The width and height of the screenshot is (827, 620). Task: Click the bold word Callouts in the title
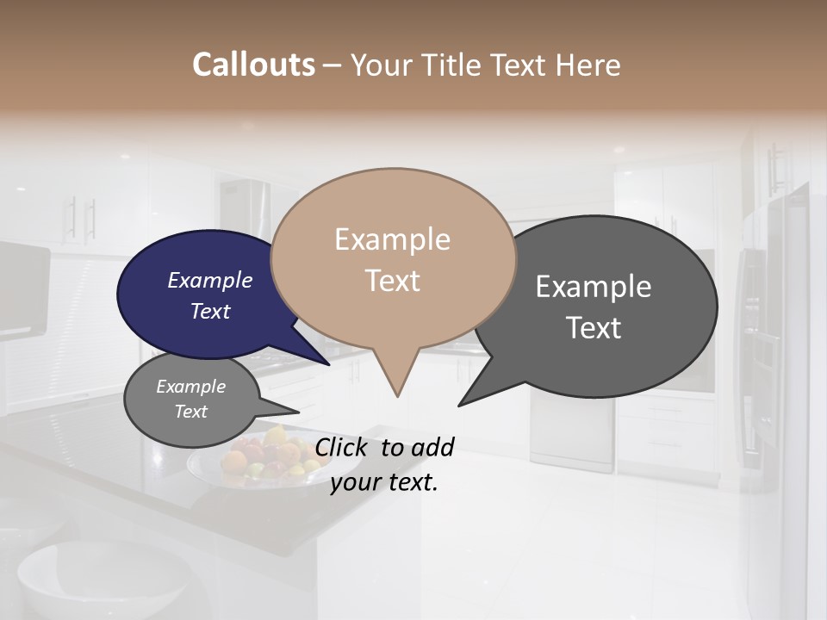pos(253,65)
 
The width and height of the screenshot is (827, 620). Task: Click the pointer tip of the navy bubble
pos(329,365)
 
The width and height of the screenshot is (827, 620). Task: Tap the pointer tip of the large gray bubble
pos(459,405)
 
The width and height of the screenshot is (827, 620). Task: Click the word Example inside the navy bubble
pos(209,280)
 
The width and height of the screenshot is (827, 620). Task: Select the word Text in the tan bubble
pos(393,280)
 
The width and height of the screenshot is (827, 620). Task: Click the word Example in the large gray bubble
pos(594,287)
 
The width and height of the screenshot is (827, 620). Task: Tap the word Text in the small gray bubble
pos(190,412)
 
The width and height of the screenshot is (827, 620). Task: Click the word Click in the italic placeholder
pos(343,446)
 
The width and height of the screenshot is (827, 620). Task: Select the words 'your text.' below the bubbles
pos(384,482)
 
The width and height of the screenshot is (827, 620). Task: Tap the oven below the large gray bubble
pos(572,431)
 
